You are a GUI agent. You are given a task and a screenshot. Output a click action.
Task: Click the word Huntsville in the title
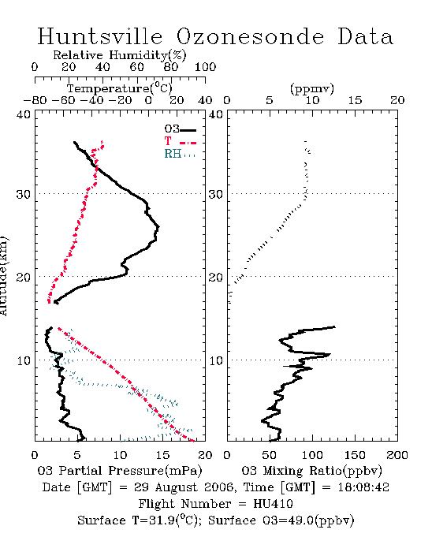click(100, 36)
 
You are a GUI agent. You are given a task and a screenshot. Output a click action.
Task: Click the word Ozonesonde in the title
click(250, 36)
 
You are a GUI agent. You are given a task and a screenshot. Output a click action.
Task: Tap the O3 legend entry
click(181, 129)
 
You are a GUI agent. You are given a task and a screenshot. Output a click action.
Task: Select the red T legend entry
click(181, 141)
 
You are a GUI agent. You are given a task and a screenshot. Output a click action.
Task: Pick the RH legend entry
click(180, 154)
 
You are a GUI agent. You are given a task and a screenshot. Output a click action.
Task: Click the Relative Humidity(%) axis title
click(120, 55)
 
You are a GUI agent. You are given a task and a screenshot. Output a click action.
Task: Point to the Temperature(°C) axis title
click(120, 88)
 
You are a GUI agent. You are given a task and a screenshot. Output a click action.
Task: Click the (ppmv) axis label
click(312, 89)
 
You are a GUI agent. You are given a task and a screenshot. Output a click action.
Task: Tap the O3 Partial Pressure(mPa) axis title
click(120, 471)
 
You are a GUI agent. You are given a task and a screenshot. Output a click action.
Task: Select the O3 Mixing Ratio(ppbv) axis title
click(311, 471)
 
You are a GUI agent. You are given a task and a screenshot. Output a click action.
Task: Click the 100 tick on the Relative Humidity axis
click(206, 67)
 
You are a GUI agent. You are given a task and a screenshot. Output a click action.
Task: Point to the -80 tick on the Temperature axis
click(35, 100)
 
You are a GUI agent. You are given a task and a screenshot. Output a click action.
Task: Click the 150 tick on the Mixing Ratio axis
click(355, 455)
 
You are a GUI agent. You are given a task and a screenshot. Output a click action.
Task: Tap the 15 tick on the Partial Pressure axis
click(163, 455)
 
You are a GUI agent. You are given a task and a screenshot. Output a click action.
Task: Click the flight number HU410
click(273, 504)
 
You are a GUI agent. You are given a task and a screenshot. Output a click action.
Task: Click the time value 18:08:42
click(363, 487)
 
